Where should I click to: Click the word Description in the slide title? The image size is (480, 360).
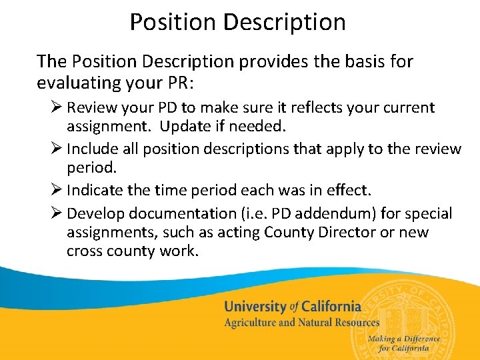285,22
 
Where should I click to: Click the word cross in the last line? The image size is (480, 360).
85,251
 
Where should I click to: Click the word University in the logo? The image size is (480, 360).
255,307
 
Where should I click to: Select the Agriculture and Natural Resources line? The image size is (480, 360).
301,323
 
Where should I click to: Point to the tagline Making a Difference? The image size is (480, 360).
403,339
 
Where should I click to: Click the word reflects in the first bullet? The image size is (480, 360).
299,107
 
